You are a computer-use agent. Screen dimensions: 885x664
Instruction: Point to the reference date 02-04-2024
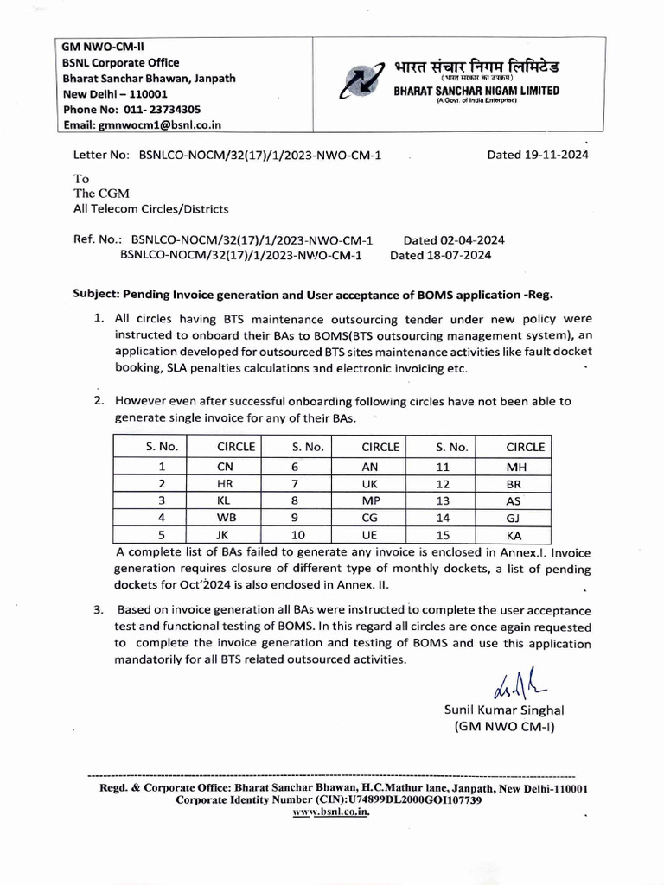tap(466, 239)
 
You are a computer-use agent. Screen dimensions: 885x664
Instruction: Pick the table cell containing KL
tap(224, 500)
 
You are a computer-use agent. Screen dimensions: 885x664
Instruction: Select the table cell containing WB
tap(224, 518)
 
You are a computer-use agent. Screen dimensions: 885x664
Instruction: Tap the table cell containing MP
tap(380, 500)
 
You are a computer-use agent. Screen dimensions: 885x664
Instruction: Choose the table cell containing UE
tap(380, 535)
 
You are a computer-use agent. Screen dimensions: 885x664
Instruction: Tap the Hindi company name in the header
tap(476, 67)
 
